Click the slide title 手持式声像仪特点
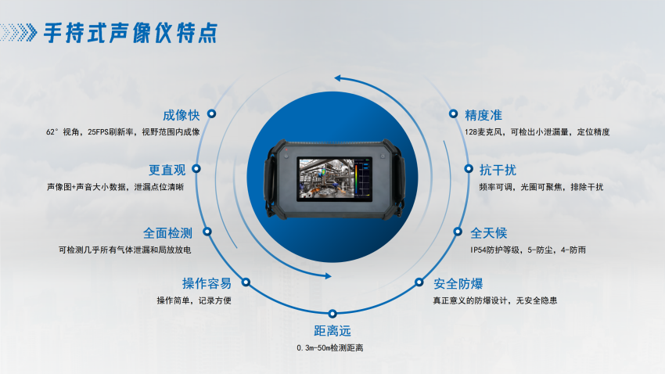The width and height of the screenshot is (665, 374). pos(131,33)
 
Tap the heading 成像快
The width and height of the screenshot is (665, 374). pos(181,115)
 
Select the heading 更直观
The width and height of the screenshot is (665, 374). pos(167,170)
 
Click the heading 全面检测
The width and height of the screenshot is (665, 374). pos(167,233)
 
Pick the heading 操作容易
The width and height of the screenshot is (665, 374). pos(207,283)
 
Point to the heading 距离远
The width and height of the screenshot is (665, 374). pos(332,331)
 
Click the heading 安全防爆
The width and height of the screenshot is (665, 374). pos(458,284)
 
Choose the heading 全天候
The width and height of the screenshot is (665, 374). pos(488,233)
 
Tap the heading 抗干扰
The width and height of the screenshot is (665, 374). pos(498,170)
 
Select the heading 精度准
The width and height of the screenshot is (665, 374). pos(483,115)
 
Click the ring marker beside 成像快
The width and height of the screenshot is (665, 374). pos(211,113)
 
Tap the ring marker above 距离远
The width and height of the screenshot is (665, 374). pos(332,314)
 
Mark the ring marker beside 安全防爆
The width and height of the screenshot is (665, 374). pos(419,282)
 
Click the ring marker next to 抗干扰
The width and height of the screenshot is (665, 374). pos(469,169)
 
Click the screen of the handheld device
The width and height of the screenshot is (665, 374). pos(334,179)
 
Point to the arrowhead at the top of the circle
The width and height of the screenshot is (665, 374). pos(339,78)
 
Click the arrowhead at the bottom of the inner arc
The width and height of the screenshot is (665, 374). pos(328,276)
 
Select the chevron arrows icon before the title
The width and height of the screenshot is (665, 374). pos(19,33)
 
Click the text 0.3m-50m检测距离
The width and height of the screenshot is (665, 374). pos(330,348)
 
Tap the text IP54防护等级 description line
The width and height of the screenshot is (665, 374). pos(528,250)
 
